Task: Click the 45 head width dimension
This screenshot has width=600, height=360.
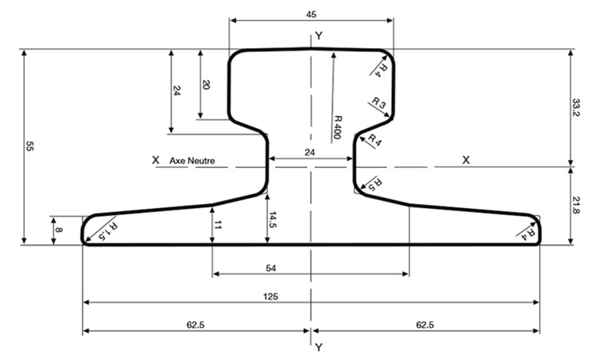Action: point(311,14)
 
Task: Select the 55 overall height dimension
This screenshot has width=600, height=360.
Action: point(30,146)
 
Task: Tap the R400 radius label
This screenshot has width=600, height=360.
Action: point(338,127)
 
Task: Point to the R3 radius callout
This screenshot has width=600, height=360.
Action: point(379,103)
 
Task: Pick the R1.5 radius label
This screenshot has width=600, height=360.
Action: point(108,231)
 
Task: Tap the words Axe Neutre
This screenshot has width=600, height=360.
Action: point(192,161)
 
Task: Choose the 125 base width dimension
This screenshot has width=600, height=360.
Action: point(270,297)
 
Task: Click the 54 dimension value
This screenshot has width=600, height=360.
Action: point(270,268)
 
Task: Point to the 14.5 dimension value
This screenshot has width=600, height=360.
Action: point(273,219)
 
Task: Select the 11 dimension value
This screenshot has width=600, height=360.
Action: point(218,226)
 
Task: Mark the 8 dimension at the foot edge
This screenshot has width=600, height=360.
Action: point(59,230)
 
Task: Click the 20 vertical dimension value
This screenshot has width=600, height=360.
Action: point(206,85)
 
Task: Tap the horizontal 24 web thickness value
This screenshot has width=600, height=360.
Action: point(310,152)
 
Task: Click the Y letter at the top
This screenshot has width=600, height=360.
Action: point(318,36)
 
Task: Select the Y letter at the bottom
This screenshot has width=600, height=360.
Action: point(318,347)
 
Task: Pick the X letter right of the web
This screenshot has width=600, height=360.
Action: point(466,160)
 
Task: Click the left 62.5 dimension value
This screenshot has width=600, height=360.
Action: point(195,325)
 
